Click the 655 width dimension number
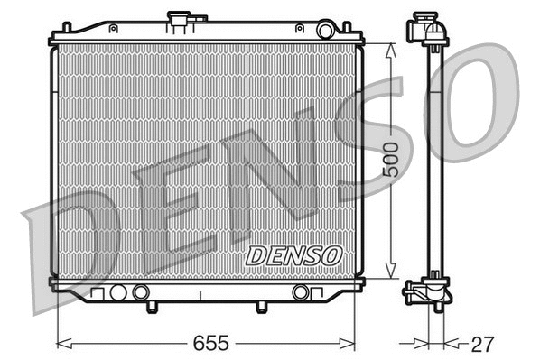[x=209, y=344]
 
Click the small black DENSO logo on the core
[x=293, y=256]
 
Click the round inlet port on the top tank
[x=326, y=32]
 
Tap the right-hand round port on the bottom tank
[x=301, y=292]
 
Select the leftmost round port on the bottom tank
[x=117, y=292]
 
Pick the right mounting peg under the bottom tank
[x=260, y=308]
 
